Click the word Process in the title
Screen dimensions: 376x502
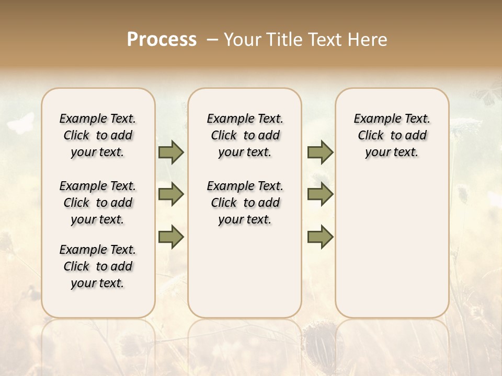coord(162,40)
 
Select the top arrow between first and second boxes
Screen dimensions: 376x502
coord(171,152)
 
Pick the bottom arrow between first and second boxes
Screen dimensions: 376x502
coord(171,237)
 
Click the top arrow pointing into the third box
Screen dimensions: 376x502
coord(320,152)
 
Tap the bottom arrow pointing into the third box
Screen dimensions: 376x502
coord(320,237)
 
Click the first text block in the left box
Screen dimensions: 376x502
coord(98,135)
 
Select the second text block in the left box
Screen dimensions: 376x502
coord(98,203)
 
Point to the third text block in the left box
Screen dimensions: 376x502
coord(98,266)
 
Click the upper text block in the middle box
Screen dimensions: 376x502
coord(245,135)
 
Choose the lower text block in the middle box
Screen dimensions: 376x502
coord(245,203)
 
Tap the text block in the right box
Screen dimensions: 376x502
coord(392,135)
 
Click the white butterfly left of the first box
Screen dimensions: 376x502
coord(21,124)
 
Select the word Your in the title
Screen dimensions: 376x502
coord(242,40)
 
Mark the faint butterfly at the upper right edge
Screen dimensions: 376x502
coord(486,97)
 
